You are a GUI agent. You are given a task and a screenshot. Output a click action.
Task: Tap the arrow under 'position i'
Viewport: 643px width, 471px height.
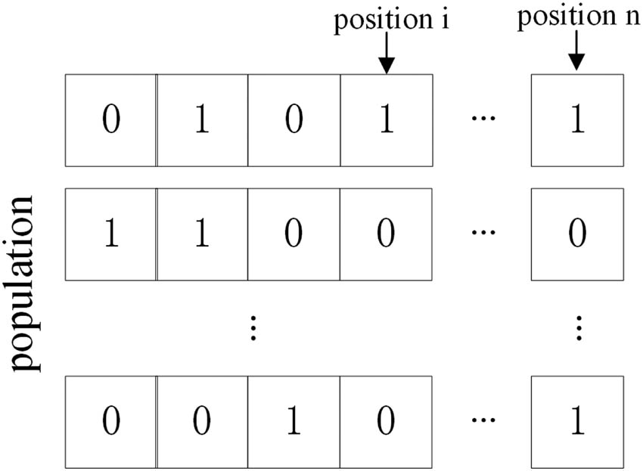387,56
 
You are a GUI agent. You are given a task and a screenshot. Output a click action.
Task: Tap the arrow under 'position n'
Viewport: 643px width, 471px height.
577,54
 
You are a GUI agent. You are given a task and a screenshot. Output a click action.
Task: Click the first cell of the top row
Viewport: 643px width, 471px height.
111,120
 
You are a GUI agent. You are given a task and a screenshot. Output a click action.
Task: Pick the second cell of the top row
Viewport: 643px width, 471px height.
202,120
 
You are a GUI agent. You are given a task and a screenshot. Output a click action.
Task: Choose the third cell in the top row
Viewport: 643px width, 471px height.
294,120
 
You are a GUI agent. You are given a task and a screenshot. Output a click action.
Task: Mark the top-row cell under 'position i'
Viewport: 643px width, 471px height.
386,120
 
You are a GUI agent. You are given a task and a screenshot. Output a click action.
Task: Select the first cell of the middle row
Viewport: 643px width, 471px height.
111,234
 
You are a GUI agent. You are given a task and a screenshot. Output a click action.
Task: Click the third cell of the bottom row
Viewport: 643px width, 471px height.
294,421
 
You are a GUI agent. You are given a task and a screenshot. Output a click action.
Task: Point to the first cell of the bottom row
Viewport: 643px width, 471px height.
111,421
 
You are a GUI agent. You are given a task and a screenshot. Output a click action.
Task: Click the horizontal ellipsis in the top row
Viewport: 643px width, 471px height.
480,119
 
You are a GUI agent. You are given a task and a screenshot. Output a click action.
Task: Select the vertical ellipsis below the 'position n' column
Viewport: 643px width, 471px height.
578,327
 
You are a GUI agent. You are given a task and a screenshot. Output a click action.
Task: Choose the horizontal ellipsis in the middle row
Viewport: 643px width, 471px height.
480,233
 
